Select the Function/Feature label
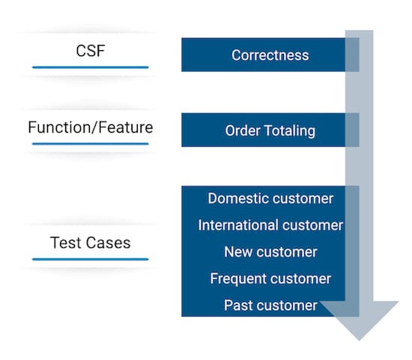pos(90,127)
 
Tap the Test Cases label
pos(90,242)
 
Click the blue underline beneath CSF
pos(90,67)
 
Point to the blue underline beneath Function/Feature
pos(90,142)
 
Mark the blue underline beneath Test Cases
pos(90,259)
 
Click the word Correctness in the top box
pos(270,55)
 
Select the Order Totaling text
pos(270,131)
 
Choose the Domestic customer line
pos(270,198)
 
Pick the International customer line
pos(270,225)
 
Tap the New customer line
pos(270,252)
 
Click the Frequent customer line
pos(270,279)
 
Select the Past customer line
pos(270,305)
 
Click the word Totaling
pos(289,131)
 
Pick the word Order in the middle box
pos(241,131)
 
